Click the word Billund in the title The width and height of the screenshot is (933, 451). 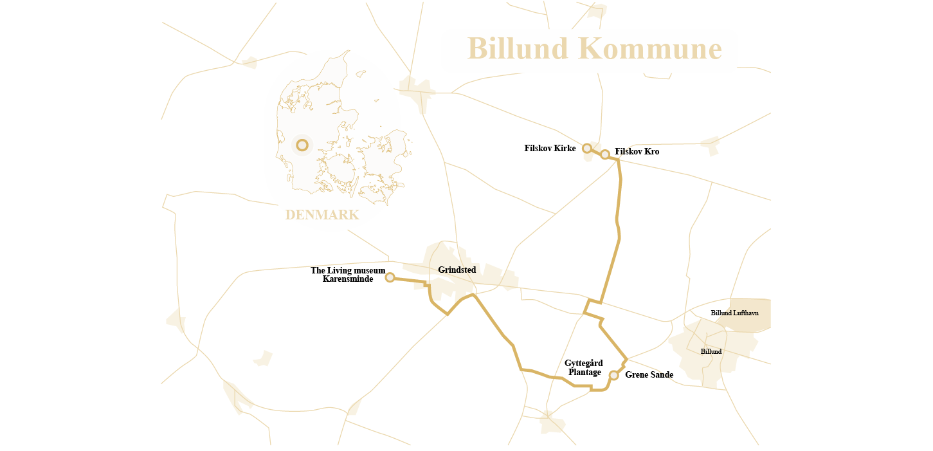(x=518, y=49)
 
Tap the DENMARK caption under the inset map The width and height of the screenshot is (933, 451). (x=322, y=215)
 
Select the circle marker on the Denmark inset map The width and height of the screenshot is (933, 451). (x=302, y=145)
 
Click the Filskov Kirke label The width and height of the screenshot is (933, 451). (x=550, y=149)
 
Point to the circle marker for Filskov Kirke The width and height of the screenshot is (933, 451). (x=587, y=149)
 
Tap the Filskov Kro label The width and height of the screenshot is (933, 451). (x=637, y=152)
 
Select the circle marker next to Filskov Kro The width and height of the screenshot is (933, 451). (x=605, y=154)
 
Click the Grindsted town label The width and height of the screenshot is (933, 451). (x=457, y=270)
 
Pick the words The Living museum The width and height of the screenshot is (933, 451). (x=348, y=271)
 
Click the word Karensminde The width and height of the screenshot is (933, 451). (x=348, y=279)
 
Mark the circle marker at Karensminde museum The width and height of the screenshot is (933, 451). (x=390, y=277)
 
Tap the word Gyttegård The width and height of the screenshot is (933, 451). (x=584, y=364)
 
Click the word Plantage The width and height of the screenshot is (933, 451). (x=585, y=373)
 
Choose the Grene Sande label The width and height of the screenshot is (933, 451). (x=649, y=375)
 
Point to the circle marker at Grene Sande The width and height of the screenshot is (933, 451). (x=614, y=375)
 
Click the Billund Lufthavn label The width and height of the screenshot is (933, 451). (x=734, y=313)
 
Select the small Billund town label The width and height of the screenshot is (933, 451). (x=711, y=352)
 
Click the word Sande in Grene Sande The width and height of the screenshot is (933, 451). (x=662, y=375)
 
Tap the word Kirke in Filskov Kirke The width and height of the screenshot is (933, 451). (x=565, y=149)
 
